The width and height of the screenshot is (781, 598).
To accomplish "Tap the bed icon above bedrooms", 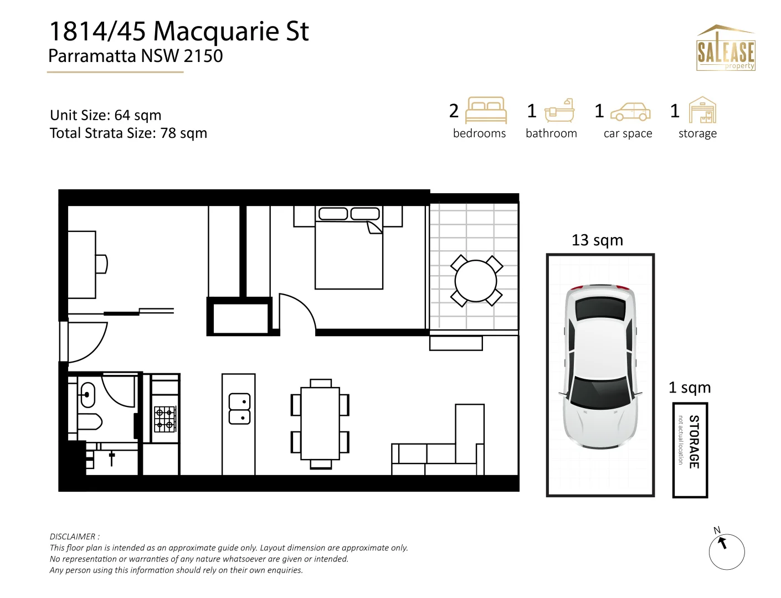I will (486, 110).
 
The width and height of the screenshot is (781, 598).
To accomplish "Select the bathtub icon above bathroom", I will (559, 111).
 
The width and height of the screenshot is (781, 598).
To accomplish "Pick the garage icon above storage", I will (702, 110).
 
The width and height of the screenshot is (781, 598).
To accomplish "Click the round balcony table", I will (476, 281).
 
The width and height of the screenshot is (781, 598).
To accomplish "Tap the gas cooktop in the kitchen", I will (165, 419).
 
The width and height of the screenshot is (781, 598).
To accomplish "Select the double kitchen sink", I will (239, 409).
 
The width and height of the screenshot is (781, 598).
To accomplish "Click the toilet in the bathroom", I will (89, 422).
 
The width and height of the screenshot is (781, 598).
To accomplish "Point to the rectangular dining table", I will (320, 424).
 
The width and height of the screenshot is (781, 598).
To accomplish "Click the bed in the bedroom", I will (349, 255).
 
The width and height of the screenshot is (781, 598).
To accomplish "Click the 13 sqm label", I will (597, 240).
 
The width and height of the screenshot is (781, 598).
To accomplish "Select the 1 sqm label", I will (690, 388).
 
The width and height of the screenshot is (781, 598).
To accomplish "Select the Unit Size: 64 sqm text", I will (106, 115).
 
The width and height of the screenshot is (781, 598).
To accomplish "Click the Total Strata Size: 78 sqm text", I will (129, 133).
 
